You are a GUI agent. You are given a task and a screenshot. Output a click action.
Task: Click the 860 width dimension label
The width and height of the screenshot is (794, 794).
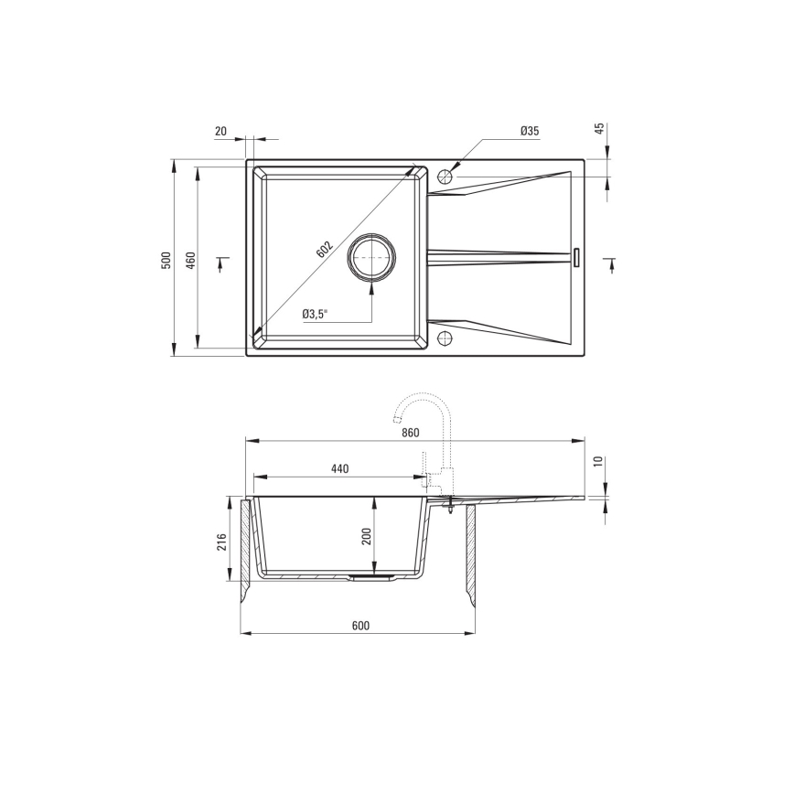[x=410, y=432]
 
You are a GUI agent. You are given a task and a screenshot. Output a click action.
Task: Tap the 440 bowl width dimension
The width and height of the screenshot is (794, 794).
[x=340, y=468]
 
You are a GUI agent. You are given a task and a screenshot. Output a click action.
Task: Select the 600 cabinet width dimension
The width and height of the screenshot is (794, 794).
[x=359, y=626]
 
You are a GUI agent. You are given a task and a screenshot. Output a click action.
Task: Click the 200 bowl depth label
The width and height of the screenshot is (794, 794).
[x=367, y=537]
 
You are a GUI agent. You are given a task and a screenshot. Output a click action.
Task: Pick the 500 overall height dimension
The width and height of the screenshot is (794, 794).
[x=166, y=259]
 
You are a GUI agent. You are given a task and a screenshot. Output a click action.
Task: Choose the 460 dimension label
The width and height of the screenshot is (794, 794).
[x=190, y=259]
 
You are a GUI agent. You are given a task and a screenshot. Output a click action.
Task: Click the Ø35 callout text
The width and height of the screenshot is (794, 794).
[x=530, y=131]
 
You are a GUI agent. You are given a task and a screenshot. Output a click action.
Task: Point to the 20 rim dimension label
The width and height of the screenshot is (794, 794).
[x=220, y=131]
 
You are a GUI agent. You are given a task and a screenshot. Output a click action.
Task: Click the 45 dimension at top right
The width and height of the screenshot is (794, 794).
[x=601, y=129]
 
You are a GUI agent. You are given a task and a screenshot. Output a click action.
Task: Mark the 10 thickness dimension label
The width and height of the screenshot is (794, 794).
[x=601, y=461]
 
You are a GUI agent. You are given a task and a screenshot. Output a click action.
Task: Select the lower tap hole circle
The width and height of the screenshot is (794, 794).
[x=445, y=338]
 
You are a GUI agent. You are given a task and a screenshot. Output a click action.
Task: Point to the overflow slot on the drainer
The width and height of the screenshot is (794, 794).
[x=576, y=258]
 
